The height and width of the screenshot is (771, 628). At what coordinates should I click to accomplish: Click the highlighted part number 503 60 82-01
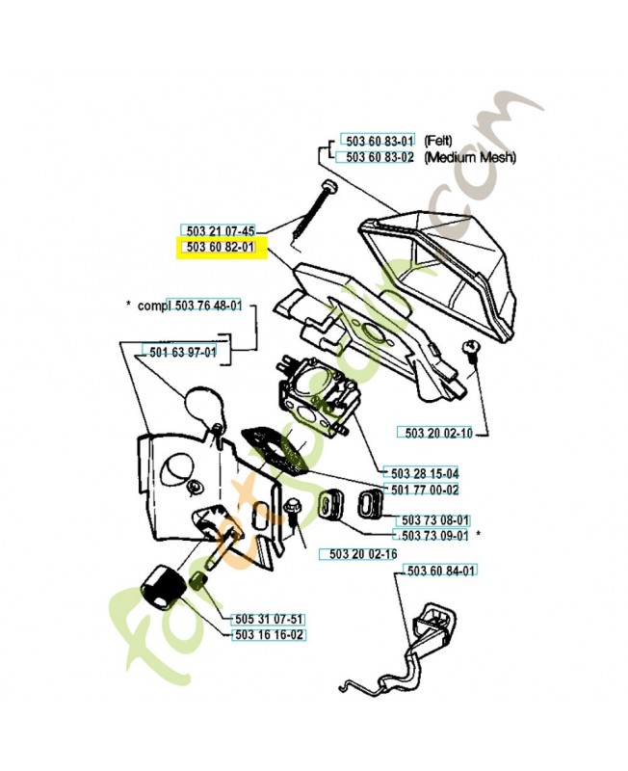221,247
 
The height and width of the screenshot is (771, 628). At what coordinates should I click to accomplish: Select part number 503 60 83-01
379,141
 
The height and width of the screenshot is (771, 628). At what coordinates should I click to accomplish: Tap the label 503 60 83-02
379,157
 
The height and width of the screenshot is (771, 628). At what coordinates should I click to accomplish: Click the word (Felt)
438,141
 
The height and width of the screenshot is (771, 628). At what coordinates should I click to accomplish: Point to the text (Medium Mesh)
470,157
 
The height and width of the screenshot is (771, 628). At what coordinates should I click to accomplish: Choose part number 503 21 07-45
221,230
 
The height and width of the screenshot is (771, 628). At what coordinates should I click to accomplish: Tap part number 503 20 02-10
438,433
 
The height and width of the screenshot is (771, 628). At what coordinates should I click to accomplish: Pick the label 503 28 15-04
425,473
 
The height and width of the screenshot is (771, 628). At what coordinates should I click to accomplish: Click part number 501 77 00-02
425,490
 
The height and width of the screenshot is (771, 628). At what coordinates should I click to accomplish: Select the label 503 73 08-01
435,520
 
